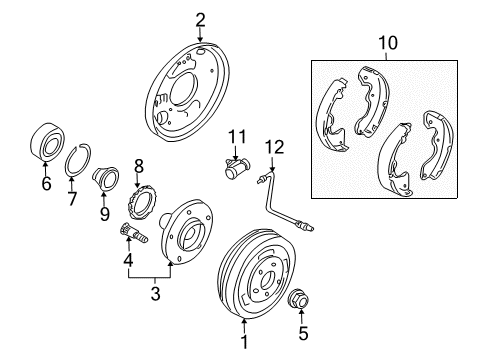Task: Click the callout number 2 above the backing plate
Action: click(x=200, y=20)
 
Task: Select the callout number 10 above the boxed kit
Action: click(x=388, y=43)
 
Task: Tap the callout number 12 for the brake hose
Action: click(x=275, y=147)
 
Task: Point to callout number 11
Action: click(x=237, y=137)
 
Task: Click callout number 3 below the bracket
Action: click(x=155, y=294)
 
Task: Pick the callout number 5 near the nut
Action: click(x=303, y=334)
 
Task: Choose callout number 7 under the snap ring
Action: click(x=72, y=199)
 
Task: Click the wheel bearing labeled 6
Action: click(x=47, y=141)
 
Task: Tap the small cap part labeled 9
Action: click(x=106, y=178)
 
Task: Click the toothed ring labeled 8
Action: click(x=140, y=202)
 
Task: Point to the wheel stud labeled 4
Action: click(x=133, y=232)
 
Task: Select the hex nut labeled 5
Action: click(x=299, y=299)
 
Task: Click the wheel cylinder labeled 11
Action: click(x=236, y=168)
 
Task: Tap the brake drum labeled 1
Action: click(x=256, y=274)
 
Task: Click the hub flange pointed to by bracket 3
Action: click(x=186, y=232)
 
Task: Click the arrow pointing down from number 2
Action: click(x=200, y=35)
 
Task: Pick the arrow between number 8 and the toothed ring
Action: click(x=137, y=180)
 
